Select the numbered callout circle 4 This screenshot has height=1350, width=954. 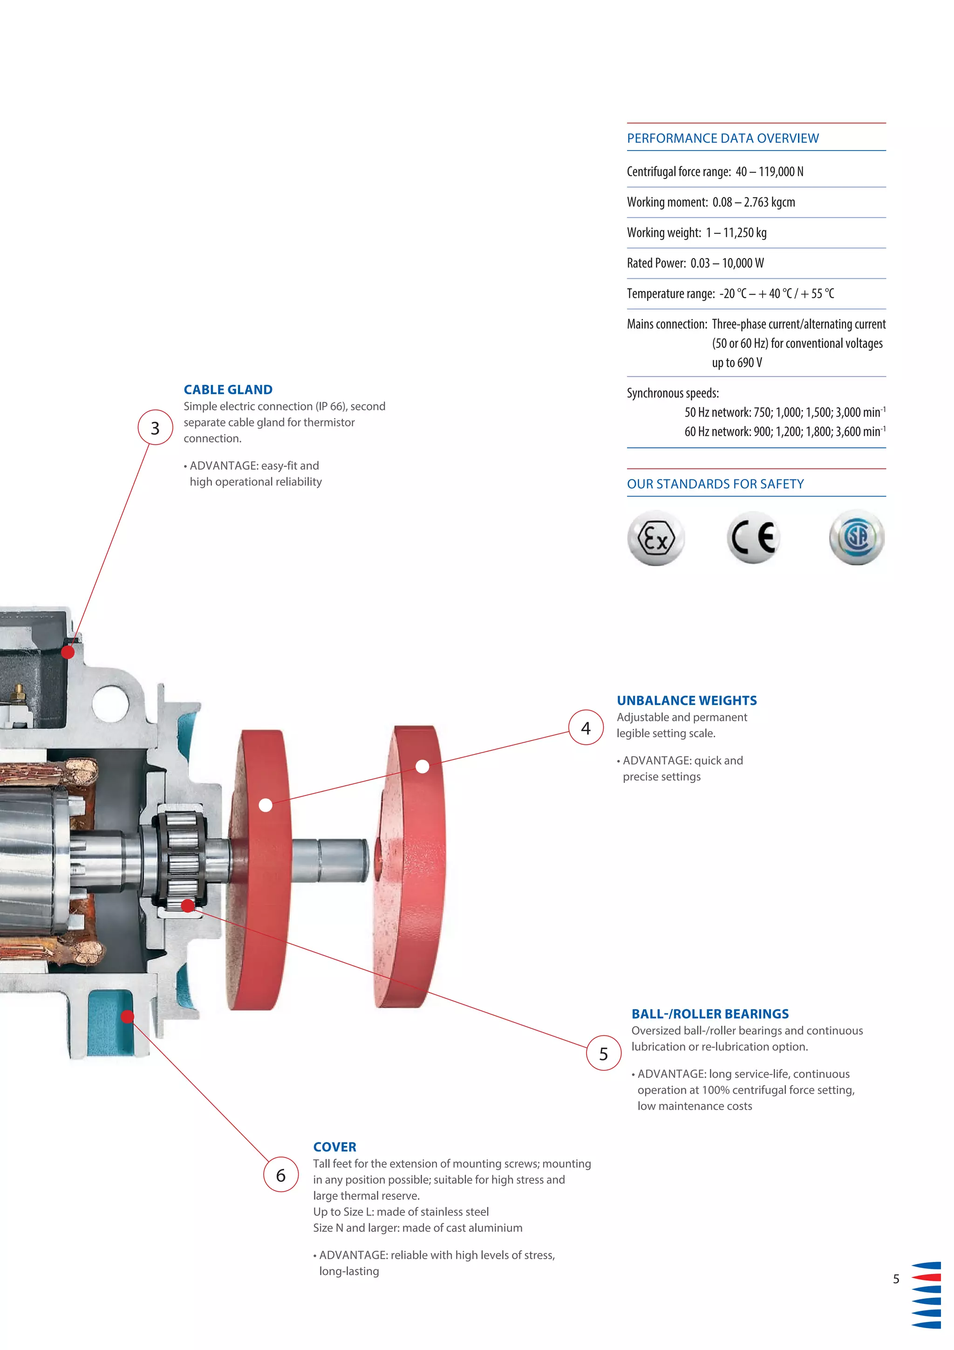[x=586, y=728]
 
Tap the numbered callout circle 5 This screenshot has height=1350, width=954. [x=603, y=1053]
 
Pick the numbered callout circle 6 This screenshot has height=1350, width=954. [x=281, y=1175]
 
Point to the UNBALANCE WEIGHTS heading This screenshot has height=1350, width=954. [x=687, y=700]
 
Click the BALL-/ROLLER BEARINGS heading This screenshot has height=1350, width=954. [x=710, y=1014]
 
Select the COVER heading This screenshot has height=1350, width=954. [x=334, y=1146]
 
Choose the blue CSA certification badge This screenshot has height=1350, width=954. [x=857, y=537]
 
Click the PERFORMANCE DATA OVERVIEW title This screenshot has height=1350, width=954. [x=722, y=138]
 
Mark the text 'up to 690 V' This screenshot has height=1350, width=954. [x=737, y=363]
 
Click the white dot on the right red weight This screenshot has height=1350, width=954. [x=422, y=766]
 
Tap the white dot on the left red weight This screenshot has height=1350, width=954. [x=266, y=805]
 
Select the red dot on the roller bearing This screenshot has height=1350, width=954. [x=188, y=905]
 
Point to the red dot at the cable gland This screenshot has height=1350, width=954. [x=68, y=651]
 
